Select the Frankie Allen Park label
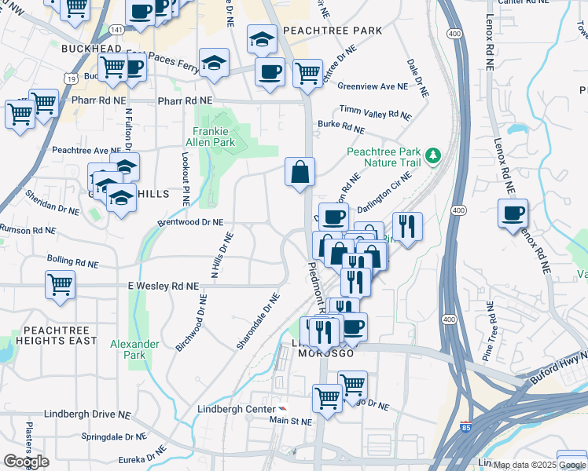[x=214, y=137]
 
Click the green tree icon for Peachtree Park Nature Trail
[x=432, y=156]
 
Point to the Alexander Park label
[x=134, y=349]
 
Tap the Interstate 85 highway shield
[x=465, y=429]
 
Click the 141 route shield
[x=116, y=29]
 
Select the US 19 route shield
[x=72, y=78]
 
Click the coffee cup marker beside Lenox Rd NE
[x=513, y=213]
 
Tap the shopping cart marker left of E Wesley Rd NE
[x=60, y=284]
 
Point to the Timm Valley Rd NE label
[x=375, y=113]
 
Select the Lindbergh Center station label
[x=231, y=409]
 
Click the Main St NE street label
[x=291, y=421]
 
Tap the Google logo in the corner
[x=26, y=461]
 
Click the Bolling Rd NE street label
[x=72, y=258]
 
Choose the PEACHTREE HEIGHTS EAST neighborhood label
[x=50, y=335]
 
